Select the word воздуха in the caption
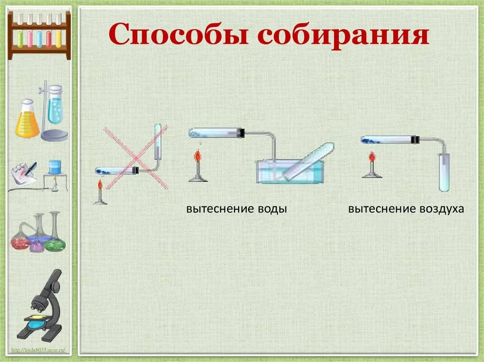click(x=440, y=209)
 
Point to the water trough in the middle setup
click(x=289, y=172)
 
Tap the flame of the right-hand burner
click(x=372, y=156)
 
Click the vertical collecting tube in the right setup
click(x=444, y=172)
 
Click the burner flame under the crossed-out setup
click(x=100, y=186)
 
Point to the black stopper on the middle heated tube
click(x=241, y=133)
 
